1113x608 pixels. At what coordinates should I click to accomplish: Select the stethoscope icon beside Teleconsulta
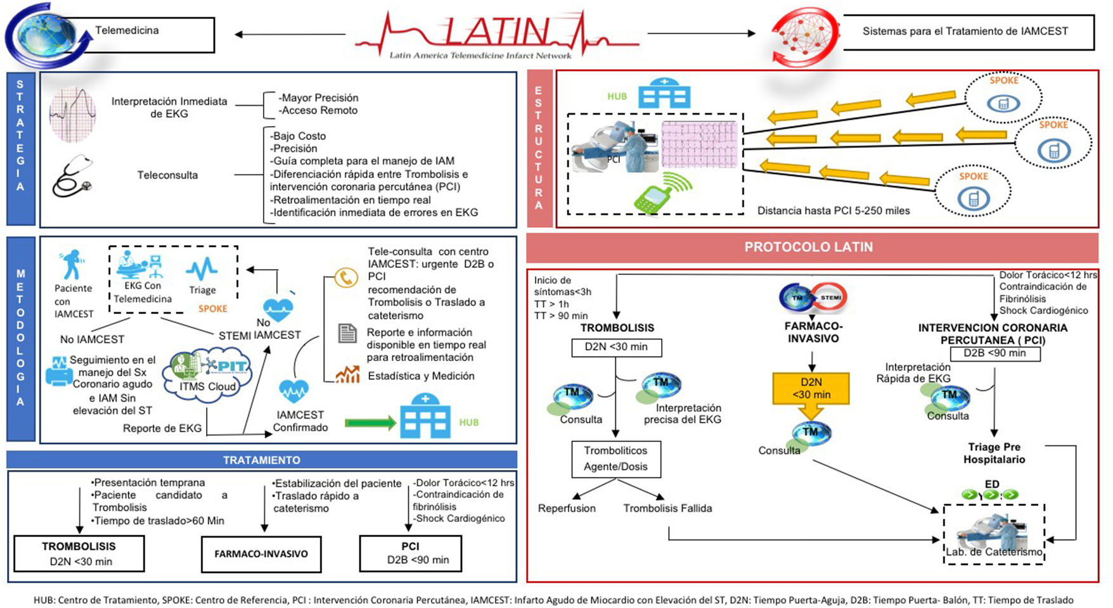(72, 176)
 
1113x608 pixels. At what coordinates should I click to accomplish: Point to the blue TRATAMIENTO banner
(261, 460)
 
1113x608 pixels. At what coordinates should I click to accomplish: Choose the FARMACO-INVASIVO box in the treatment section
(261, 554)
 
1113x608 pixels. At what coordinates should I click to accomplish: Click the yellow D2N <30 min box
(811, 388)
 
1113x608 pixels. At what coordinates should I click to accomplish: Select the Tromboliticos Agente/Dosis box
(615, 459)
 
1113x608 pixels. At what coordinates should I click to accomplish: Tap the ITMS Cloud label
(207, 386)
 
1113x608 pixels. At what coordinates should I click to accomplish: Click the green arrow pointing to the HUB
(370, 422)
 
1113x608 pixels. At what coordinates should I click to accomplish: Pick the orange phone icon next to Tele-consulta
(346, 277)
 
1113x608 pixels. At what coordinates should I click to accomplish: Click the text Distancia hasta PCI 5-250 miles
(833, 211)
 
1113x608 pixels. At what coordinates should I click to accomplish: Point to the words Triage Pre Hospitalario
(994, 453)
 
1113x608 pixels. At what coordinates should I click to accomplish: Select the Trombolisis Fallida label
(667, 508)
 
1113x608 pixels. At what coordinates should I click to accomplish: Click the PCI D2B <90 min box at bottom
(410, 553)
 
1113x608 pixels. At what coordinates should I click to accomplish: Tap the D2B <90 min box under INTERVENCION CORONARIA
(994, 353)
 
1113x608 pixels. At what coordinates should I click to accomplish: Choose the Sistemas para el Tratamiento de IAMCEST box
(965, 32)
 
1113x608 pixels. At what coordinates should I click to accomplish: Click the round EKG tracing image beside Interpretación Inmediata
(73, 114)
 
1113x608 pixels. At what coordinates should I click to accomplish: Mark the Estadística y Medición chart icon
(347, 375)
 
